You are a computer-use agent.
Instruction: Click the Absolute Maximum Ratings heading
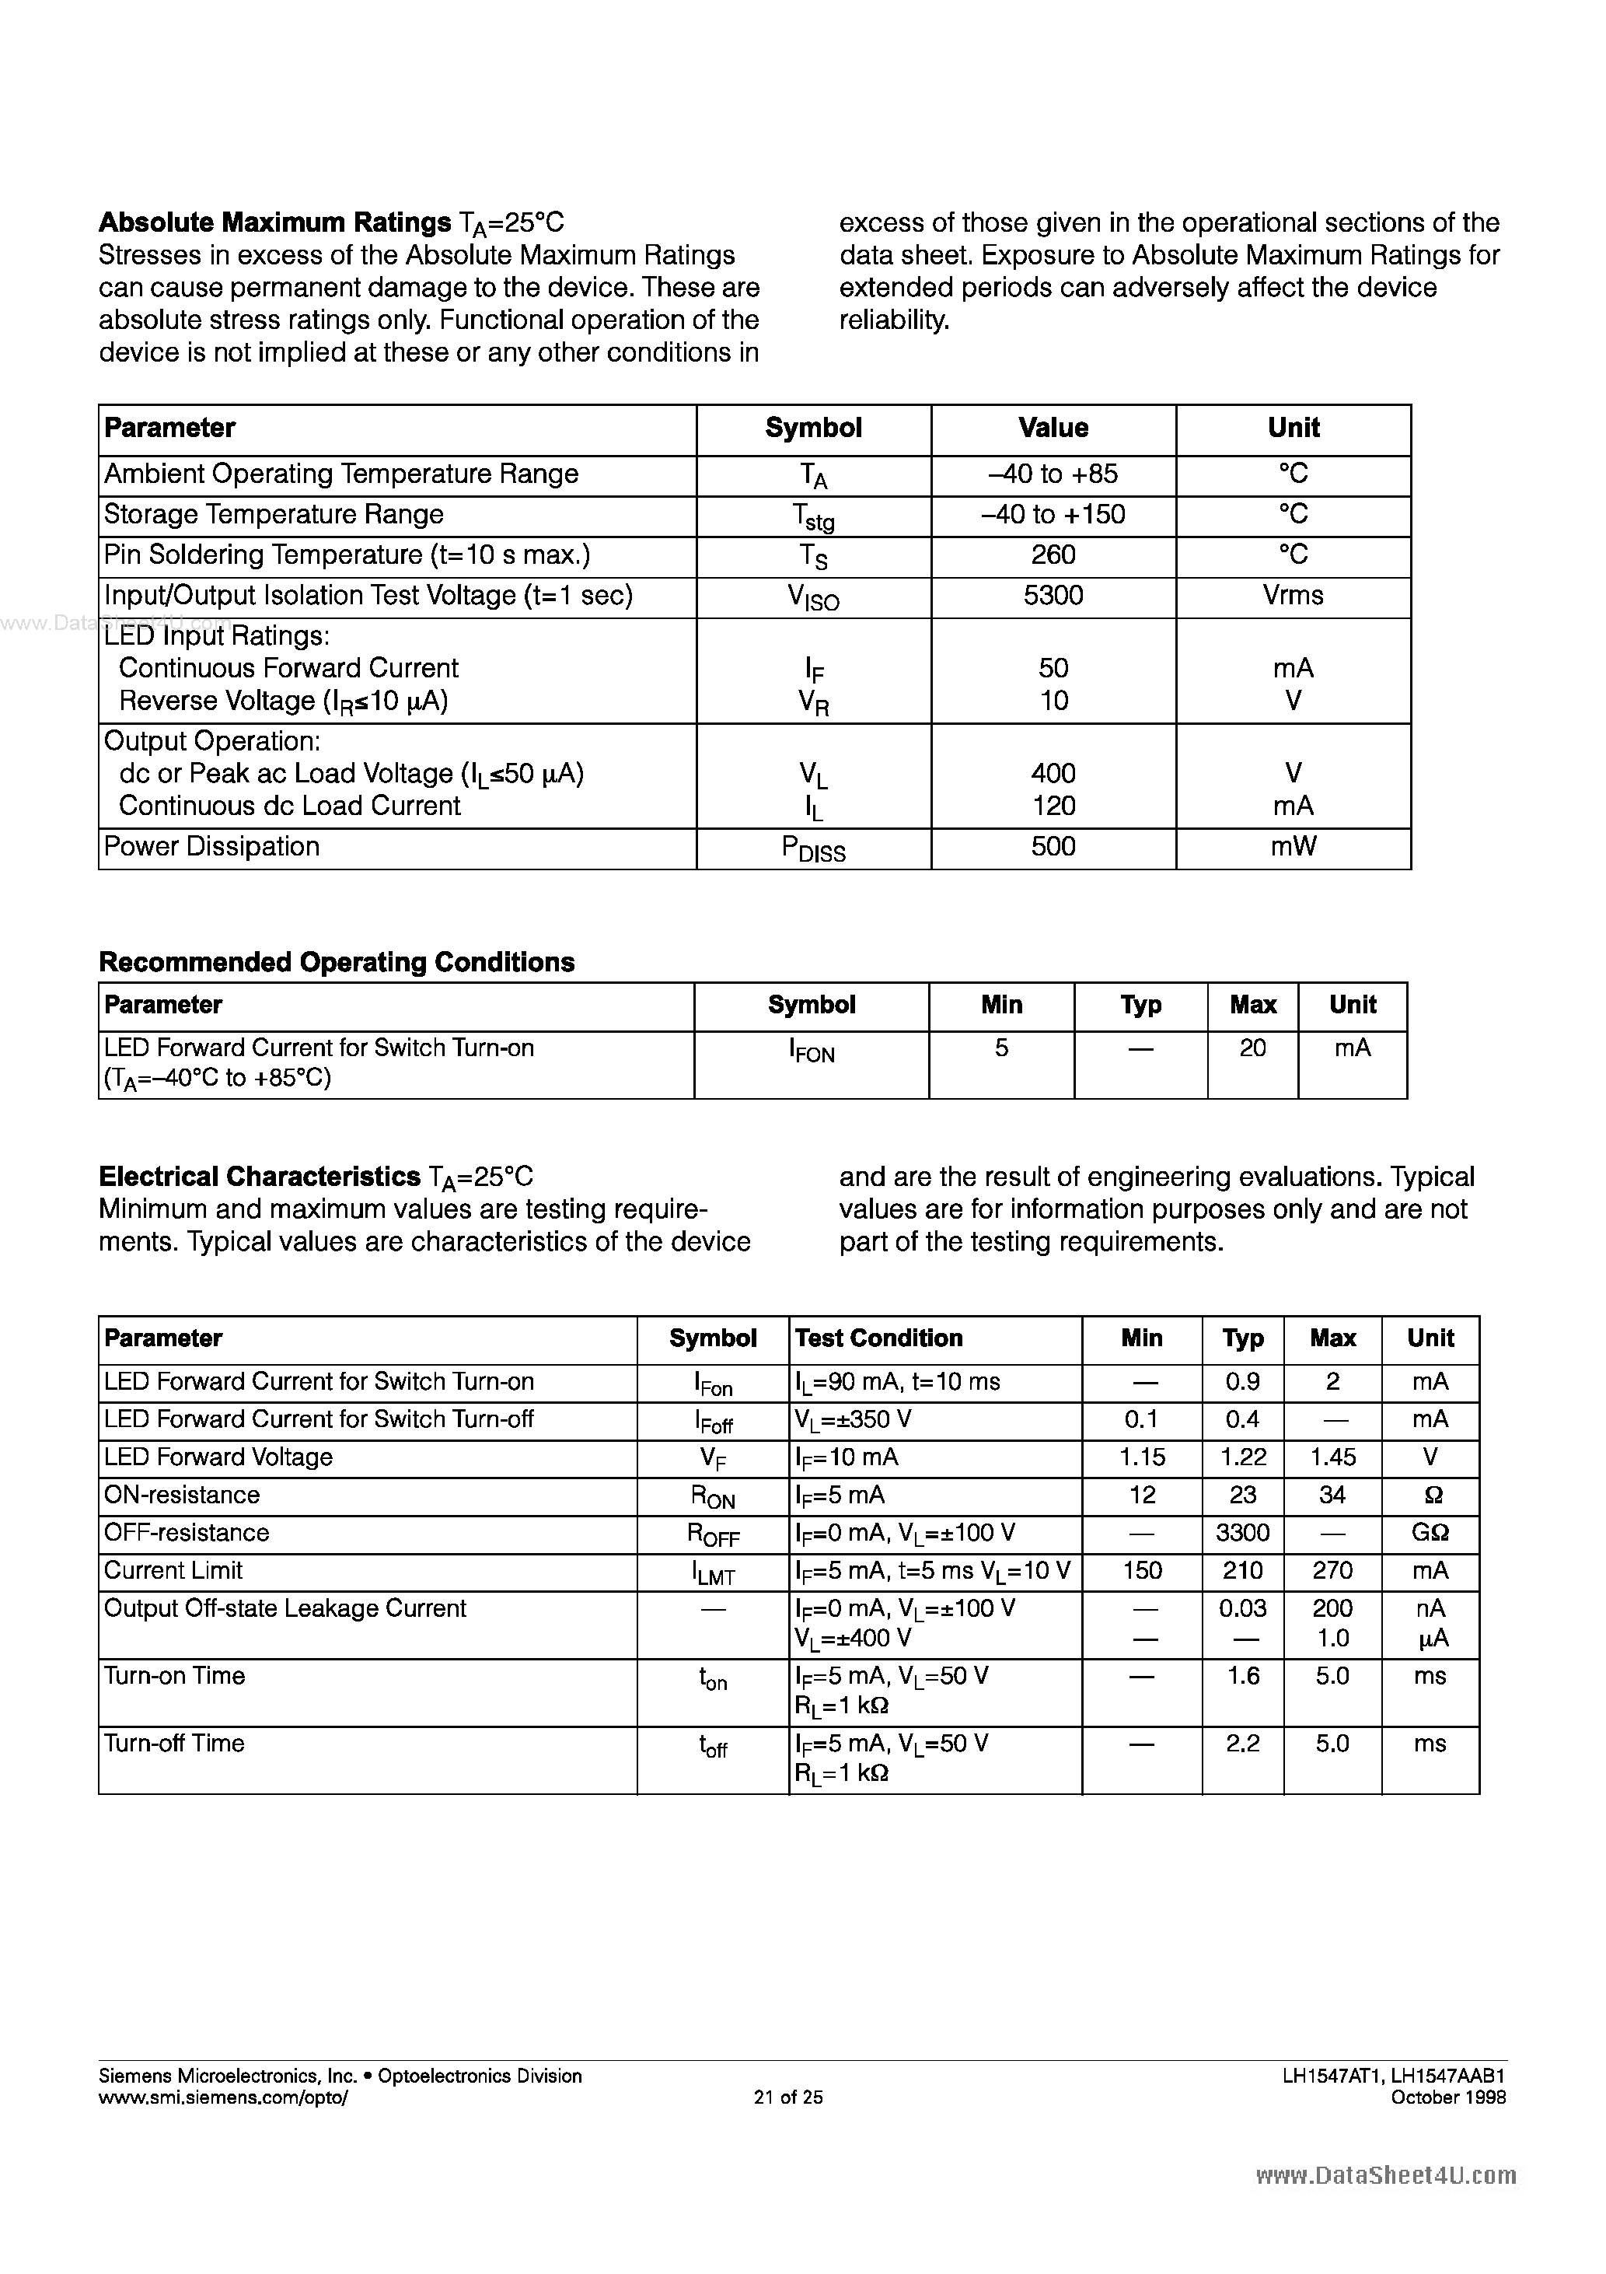pos(275,223)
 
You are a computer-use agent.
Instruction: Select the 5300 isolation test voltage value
pos(1053,595)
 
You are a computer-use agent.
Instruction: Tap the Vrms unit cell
pos(1292,595)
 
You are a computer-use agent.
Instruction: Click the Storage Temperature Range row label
pos(274,515)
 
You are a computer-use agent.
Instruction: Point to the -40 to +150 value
pos(1053,515)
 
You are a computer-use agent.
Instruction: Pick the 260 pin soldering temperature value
pos(1053,555)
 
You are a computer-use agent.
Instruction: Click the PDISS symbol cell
pos(813,848)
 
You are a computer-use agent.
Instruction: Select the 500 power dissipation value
pos(1053,847)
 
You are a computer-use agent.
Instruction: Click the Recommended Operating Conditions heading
pos(337,963)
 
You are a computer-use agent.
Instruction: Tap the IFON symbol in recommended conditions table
pos(811,1051)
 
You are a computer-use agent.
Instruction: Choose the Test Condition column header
pos(878,1339)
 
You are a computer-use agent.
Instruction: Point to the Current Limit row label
pos(173,1571)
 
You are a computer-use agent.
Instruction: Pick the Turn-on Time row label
pos(174,1676)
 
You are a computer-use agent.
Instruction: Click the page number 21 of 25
pos(788,2097)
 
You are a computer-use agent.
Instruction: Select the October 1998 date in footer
pos(1447,2097)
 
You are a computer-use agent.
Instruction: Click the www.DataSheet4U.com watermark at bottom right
pos(1386,2176)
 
